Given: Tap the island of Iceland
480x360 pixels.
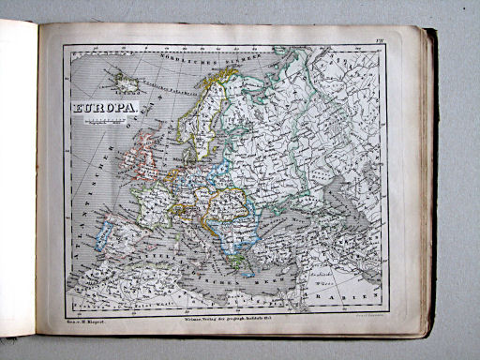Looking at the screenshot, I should click(x=127, y=84).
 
